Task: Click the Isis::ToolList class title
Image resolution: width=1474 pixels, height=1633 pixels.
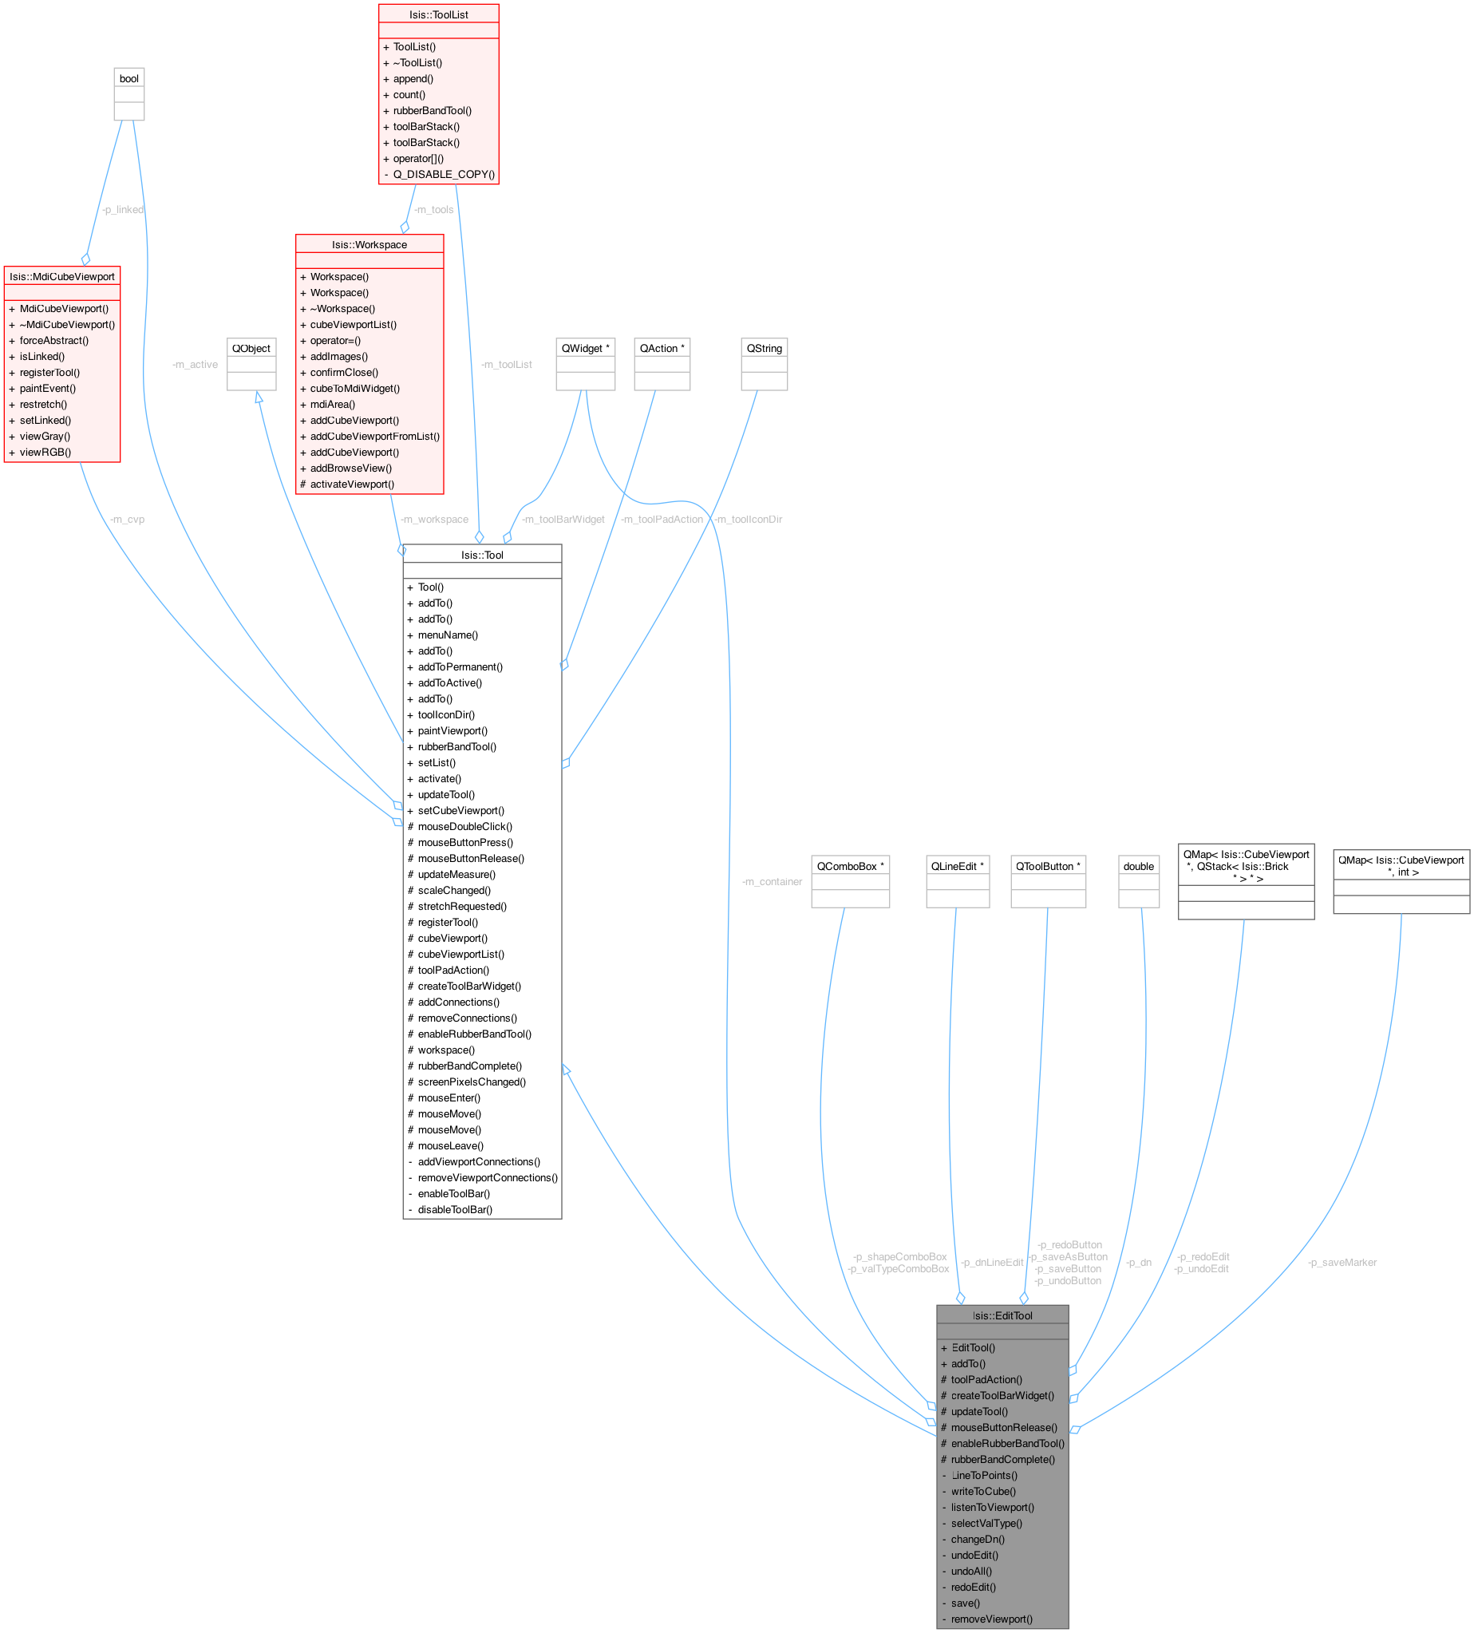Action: tap(438, 14)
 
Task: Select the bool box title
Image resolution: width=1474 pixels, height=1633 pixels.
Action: tap(128, 78)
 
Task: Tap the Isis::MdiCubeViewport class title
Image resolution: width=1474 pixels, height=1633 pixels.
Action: tap(62, 276)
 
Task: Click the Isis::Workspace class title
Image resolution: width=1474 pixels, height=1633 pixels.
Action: tap(369, 244)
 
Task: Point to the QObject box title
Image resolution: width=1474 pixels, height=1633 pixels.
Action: tap(251, 348)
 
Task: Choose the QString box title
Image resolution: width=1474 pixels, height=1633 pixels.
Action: tap(764, 348)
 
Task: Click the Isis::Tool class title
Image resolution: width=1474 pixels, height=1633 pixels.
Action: tap(482, 555)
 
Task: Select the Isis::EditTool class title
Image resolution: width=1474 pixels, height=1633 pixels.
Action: tap(1002, 1315)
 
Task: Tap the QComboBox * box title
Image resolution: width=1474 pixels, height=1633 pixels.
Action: tap(850, 866)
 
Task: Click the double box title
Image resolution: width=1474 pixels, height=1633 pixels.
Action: tap(1138, 866)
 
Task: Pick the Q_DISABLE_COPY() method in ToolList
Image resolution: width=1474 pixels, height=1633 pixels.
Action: tap(443, 174)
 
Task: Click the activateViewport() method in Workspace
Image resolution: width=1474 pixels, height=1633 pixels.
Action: tap(351, 484)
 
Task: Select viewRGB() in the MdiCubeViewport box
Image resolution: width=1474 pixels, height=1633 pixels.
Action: tap(45, 452)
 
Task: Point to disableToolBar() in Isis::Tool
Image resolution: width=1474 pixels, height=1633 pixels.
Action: tap(454, 1209)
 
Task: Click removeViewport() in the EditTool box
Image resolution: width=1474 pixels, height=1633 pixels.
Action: tap(991, 1619)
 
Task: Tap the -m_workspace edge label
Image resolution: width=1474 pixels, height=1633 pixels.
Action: tap(434, 520)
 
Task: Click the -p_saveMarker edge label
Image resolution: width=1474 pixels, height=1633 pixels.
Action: tap(1342, 1262)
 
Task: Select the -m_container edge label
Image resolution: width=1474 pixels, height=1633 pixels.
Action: tap(772, 881)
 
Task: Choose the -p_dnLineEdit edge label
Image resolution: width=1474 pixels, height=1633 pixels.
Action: tap(992, 1262)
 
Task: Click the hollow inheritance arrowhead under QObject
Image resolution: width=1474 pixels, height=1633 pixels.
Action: tap(259, 397)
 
